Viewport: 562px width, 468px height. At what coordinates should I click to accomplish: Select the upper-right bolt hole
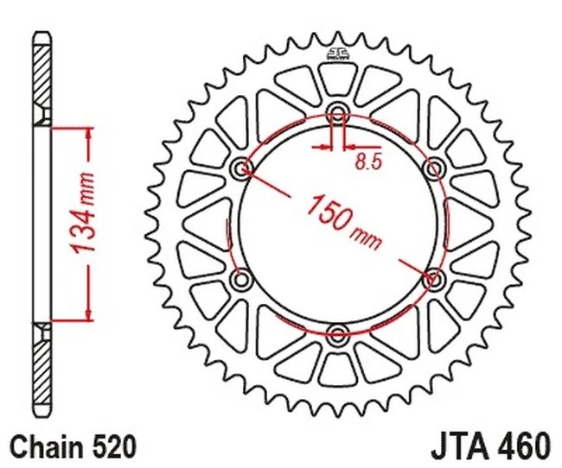434,166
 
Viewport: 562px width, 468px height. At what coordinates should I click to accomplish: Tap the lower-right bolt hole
434,278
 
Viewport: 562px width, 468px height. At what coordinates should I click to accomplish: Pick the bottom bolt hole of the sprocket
338,333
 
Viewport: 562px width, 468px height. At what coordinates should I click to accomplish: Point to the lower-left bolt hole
241,278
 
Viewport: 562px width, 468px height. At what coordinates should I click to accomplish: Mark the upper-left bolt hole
241,166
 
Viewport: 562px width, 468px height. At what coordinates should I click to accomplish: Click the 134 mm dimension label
83,223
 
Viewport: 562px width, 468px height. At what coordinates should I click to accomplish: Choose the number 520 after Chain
112,447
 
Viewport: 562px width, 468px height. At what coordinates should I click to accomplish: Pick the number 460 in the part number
521,447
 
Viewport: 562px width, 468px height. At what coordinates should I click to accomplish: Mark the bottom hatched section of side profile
42,367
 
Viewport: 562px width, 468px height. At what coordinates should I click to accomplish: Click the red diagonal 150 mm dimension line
277,186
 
